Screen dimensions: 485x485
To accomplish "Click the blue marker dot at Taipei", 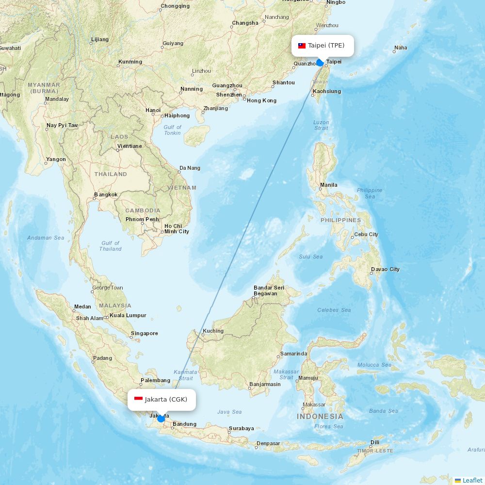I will tap(320, 63).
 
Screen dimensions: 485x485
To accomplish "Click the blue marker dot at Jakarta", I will tap(161, 418).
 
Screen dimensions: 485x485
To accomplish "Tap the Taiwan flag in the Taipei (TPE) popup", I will tap(302, 46).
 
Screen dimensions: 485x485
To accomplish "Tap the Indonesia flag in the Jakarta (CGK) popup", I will tap(138, 399).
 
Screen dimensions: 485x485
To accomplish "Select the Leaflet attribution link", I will tap(472, 480).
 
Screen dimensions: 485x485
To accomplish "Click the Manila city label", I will tap(328, 185).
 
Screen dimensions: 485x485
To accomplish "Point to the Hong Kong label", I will tap(261, 100).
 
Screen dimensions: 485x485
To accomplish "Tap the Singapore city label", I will tap(144, 333).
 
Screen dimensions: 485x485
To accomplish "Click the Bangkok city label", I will tap(106, 194).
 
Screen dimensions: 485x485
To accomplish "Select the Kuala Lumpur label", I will tap(128, 315).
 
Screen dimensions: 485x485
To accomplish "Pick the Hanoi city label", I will tap(153, 110).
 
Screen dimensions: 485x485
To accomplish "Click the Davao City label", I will tap(385, 269).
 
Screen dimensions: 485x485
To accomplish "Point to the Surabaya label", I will tap(241, 428).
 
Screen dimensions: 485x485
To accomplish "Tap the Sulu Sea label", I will tap(311, 257).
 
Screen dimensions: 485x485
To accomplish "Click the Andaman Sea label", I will tap(46, 238).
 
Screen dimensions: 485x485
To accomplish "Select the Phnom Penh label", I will tap(142, 219).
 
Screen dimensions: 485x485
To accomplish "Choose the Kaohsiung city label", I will tap(327, 91).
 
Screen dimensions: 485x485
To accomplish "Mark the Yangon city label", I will tap(56, 159).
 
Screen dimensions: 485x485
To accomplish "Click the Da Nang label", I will tap(190, 168).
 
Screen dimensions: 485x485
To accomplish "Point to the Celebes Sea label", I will tap(334, 310).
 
